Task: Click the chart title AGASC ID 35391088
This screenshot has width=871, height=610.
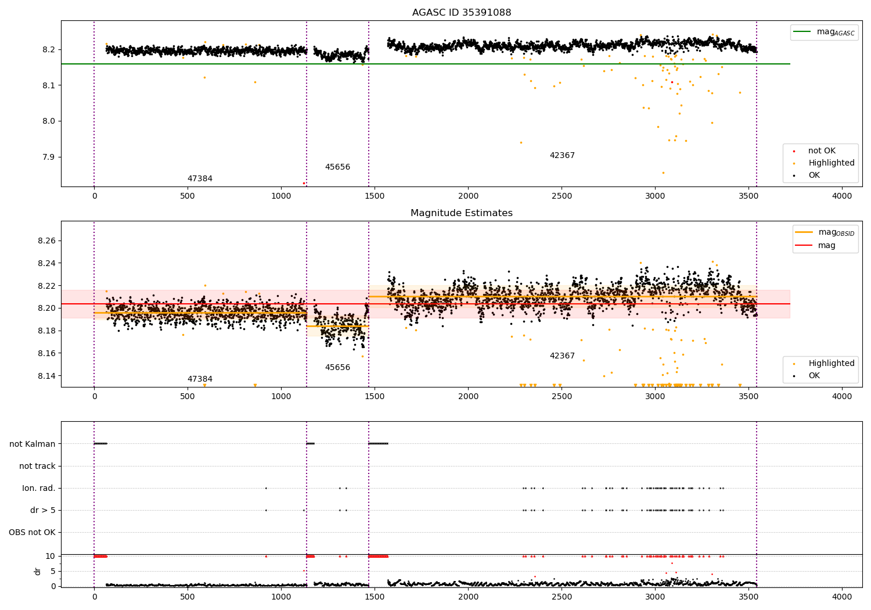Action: click(x=462, y=13)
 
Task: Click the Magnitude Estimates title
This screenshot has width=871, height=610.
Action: click(x=462, y=213)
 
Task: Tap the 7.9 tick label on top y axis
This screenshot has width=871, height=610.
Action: click(x=48, y=157)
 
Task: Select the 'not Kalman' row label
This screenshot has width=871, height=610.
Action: click(x=33, y=444)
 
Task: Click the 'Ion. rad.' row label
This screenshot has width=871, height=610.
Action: click(x=39, y=488)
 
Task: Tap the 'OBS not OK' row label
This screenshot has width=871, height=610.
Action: click(x=32, y=532)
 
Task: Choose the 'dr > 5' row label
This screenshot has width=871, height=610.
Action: click(x=43, y=510)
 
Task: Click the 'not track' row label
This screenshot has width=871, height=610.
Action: click(x=37, y=466)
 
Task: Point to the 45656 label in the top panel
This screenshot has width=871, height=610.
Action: click(x=337, y=167)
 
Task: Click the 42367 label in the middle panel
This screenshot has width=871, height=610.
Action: click(x=562, y=356)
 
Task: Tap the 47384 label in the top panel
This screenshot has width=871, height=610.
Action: click(x=200, y=179)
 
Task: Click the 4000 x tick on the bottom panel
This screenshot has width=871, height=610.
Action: click(x=842, y=596)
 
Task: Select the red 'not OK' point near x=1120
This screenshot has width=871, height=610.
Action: click(x=304, y=183)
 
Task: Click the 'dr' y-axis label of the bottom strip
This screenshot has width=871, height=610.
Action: click(x=38, y=571)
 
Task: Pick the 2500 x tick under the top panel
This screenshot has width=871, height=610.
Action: click(x=562, y=196)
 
